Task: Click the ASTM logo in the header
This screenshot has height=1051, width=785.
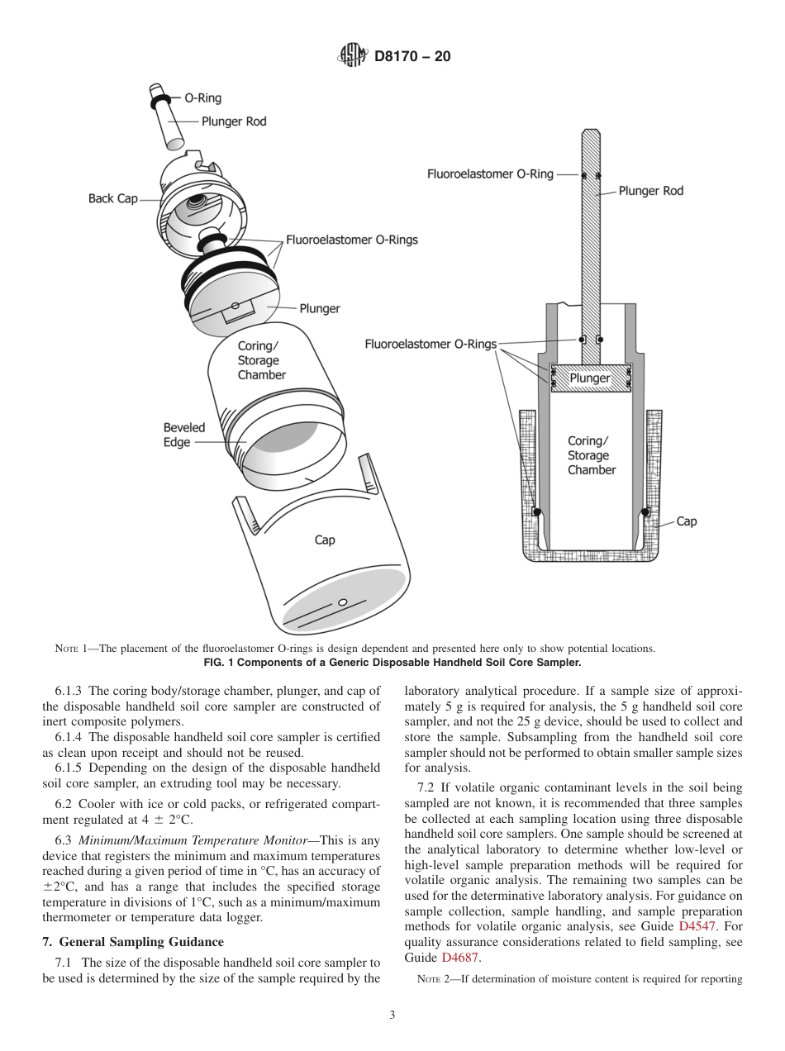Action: click(353, 56)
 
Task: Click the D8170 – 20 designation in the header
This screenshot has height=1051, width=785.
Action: click(412, 57)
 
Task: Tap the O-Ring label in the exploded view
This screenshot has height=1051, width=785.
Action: click(202, 98)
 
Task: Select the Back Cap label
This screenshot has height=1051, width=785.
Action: click(113, 198)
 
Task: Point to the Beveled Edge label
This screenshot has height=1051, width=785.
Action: click(183, 435)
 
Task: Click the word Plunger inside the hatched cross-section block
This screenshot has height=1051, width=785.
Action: click(590, 378)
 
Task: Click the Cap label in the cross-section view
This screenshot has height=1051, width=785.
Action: click(687, 521)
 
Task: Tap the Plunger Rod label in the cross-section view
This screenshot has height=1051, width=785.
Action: click(651, 191)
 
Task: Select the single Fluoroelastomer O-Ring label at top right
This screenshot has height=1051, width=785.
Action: click(490, 174)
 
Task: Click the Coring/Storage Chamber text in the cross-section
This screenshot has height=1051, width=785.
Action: click(591, 455)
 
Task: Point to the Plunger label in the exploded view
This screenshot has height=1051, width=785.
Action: click(320, 308)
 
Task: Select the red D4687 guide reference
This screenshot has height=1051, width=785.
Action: click(459, 957)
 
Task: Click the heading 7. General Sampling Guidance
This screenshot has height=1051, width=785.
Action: click(132, 941)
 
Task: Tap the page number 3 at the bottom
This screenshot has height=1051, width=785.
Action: click(392, 1015)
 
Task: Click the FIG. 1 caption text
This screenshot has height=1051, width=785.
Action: click(392, 663)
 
